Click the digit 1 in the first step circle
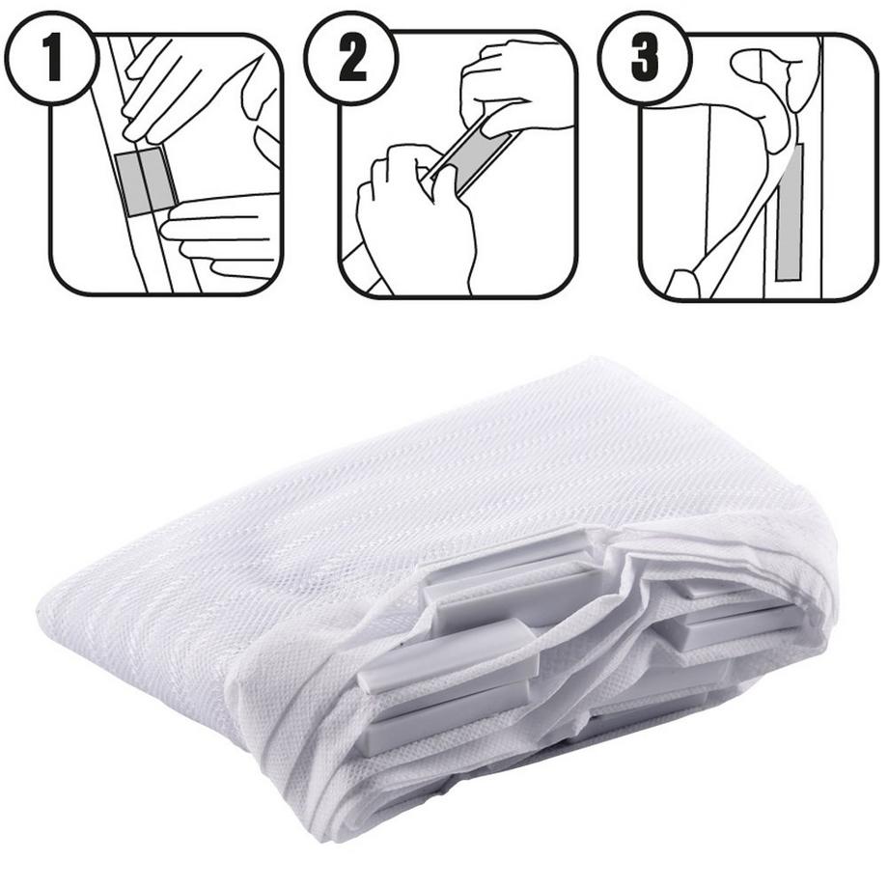[53, 58]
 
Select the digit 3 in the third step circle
[645, 58]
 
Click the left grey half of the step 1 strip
[132, 184]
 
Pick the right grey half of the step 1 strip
[158, 179]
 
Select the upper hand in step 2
[510, 91]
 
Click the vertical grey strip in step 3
[790, 212]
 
